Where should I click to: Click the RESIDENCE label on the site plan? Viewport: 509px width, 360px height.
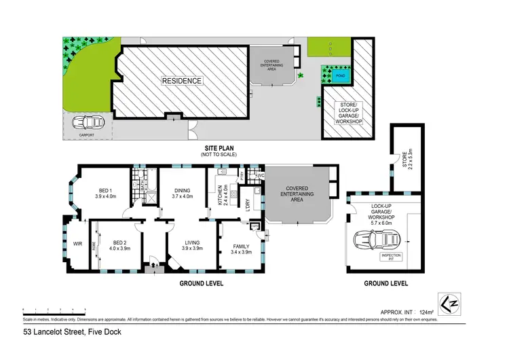(x=181, y=81)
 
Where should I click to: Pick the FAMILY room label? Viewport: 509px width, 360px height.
(x=241, y=247)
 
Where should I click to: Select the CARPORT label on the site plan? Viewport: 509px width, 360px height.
(x=86, y=135)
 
